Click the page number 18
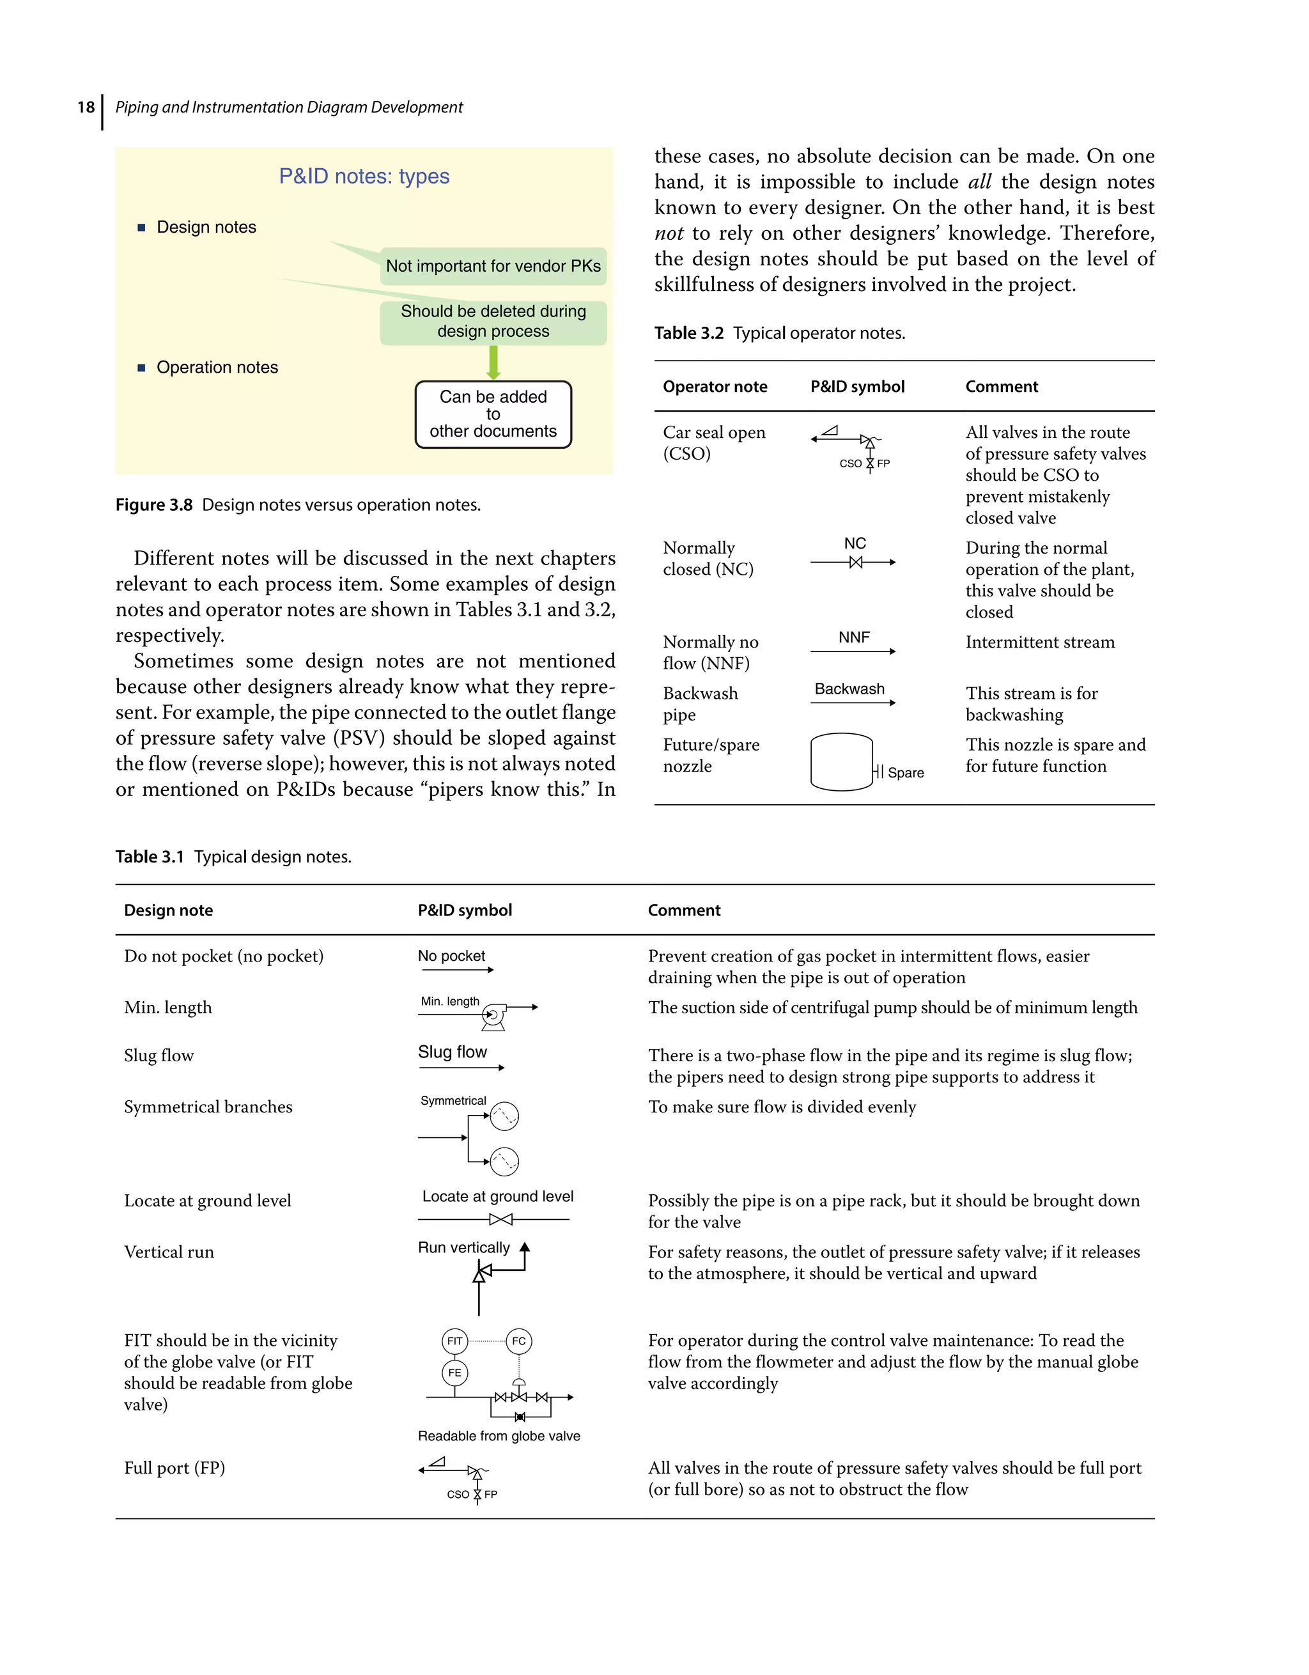(x=85, y=107)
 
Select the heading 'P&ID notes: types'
(x=364, y=176)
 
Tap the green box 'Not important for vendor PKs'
(x=493, y=266)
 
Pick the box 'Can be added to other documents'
(x=493, y=414)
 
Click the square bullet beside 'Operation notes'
(x=141, y=368)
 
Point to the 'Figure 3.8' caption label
(x=153, y=504)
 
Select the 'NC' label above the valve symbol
(x=855, y=543)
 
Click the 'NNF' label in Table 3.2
(x=853, y=637)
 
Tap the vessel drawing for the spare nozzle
(x=841, y=761)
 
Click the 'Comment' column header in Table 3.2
(x=1001, y=387)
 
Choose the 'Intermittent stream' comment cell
(x=1039, y=642)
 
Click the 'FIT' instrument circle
(x=454, y=1341)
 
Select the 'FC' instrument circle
(x=519, y=1341)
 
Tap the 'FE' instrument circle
(x=454, y=1373)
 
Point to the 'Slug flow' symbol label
(x=452, y=1052)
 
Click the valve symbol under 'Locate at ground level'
(x=500, y=1219)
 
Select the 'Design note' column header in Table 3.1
(x=168, y=910)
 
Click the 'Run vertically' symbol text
(x=463, y=1248)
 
